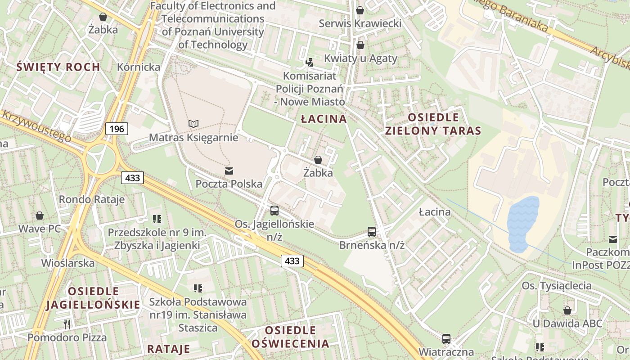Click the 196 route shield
[117, 129]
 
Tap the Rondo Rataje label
[92, 199]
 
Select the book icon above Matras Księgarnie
[193, 124]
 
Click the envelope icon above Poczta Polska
[229, 171]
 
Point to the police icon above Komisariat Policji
[309, 63]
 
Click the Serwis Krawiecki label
[360, 23]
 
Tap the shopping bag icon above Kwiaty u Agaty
[360, 45]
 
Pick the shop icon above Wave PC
[40, 216]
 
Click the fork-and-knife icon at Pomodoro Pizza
[67, 324]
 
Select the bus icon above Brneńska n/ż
[372, 232]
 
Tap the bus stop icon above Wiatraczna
[446, 338]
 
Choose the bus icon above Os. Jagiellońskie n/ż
[274, 210]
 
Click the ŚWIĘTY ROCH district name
[58, 67]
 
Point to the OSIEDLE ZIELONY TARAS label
[433, 124]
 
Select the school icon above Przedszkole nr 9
[157, 219]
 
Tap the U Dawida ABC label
[567, 324]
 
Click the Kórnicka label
[139, 67]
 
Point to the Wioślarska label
[68, 263]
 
